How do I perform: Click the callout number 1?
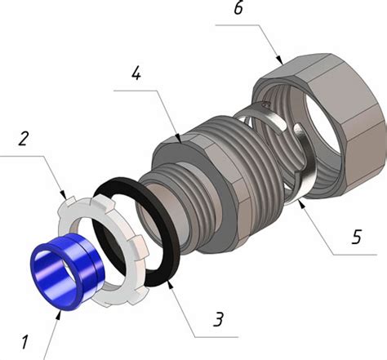coord(24,342)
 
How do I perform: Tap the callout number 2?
coord(23,138)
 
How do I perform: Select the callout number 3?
coord(219,319)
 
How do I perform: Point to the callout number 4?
coord(136,73)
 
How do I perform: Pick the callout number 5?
coord(357,237)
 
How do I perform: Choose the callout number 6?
coord(238,8)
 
